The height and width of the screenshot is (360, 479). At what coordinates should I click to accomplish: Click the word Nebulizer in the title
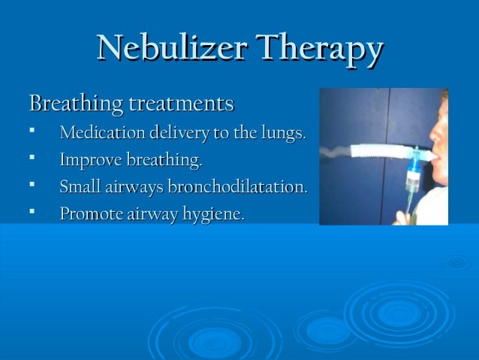[175, 49]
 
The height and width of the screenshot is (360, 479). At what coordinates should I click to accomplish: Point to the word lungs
[282, 135]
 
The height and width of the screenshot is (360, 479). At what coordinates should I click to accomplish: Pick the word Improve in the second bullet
[88, 160]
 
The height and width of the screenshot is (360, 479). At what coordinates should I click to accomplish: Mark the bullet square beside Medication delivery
[32, 133]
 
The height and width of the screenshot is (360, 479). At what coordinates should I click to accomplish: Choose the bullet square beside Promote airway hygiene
[32, 213]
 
